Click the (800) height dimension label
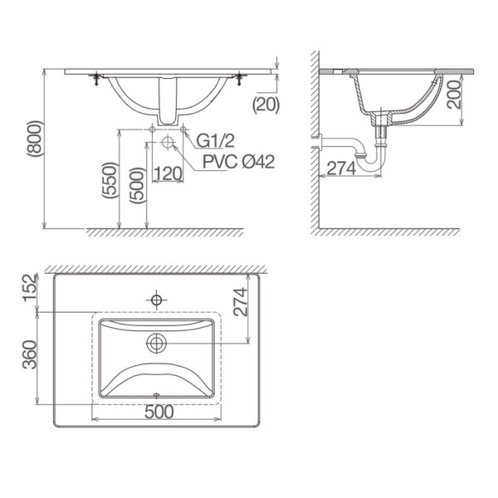pos(35,139)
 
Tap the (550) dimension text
pos(110,180)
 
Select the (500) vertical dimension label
pos(137,185)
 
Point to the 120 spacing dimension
pos(168,173)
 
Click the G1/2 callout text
pos(215,141)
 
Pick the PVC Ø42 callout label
pos(238,161)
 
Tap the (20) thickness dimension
pos(266,105)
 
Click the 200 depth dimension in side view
pos(453,95)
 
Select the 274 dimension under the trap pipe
pos(341,168)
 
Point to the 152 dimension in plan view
pos(30,288)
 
